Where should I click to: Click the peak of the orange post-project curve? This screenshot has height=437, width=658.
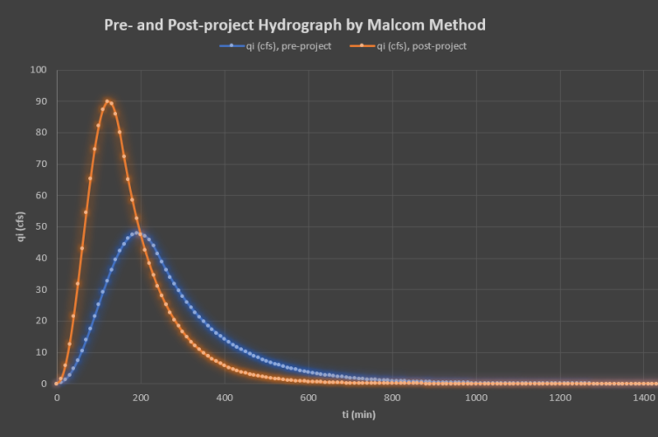(x=107, y=101)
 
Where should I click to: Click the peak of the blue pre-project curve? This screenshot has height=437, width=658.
(x=138, y=233)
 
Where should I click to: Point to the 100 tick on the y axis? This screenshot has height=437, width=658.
(x=38, y=70)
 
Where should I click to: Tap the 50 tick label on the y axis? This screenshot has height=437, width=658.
(x=40, y=226)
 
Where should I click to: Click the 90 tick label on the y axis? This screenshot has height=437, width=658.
(x=40, y=101)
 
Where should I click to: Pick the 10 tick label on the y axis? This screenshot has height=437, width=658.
(x=40, y=352)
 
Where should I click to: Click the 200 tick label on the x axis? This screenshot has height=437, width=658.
(x=141, y=398)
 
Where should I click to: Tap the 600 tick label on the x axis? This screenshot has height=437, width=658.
(x=308, y=398)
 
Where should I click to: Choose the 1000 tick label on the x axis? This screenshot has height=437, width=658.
(x=476, y=398)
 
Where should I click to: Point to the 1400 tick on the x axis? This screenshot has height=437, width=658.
(x=644, y=398)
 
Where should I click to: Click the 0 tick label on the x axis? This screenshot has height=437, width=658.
(x=57, y=398)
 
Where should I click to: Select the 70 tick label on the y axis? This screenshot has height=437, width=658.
(x=40, y=164)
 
